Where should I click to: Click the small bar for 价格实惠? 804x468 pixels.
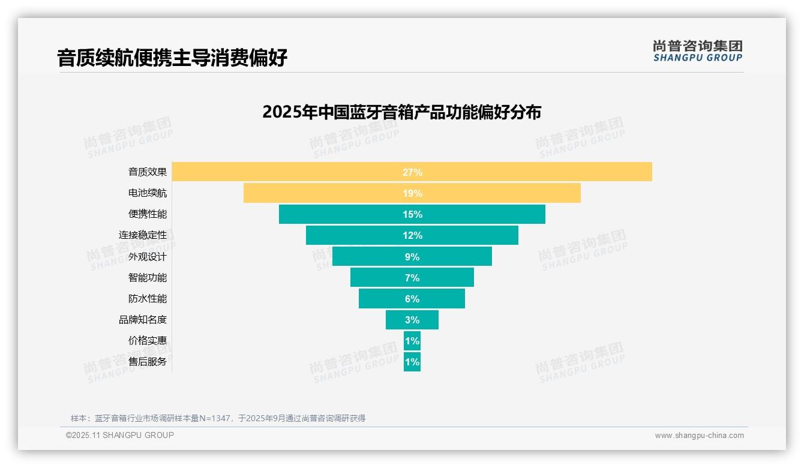[x=412, y=341]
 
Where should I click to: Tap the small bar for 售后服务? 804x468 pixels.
[x=412, y=362]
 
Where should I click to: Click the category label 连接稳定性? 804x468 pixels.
[x=143, y=235]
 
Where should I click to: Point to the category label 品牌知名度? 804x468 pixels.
[x=143, y=320]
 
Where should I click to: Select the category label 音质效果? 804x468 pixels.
[x=148, y=172]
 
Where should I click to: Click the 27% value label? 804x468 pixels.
[x=412, y=172]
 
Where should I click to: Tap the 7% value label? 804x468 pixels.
[x=412, y=278]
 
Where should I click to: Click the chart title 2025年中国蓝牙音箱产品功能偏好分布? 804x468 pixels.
[x=401, y=112]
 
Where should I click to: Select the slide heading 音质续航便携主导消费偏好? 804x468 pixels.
[x=172, y=58]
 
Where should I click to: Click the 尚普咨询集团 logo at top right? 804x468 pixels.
[x=697, y=51]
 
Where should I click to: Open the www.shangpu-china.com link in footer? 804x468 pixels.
[x=699, y=436]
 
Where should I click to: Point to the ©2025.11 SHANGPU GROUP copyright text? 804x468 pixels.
[x=120, y=435]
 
